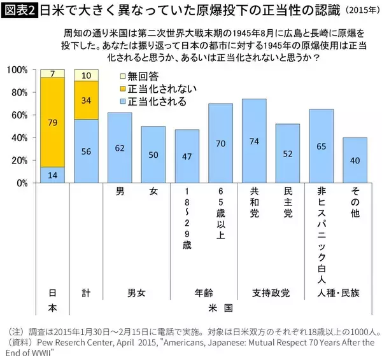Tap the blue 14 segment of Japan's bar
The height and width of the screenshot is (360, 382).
coord(52,174)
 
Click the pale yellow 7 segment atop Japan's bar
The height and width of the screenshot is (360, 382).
coord(52,73)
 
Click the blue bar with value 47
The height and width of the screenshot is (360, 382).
coord(187,156)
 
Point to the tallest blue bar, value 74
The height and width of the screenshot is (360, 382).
coord(254,141)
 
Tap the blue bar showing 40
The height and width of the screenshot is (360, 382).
coord(355,160)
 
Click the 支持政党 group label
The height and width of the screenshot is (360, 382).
coord(270,293)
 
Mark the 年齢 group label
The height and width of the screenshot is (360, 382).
coord(204,293)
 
